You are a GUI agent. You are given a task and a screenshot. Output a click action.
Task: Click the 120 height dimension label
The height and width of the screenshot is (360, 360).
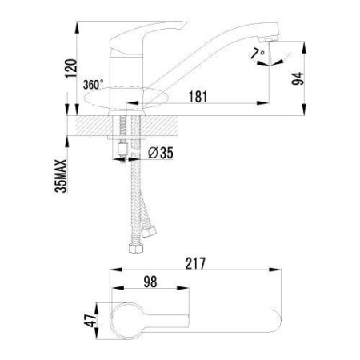71,68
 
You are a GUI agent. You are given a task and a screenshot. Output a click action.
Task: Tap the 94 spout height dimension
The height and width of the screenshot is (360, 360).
298,78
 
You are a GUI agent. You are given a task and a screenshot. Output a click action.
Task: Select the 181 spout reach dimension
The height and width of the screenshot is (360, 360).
198,97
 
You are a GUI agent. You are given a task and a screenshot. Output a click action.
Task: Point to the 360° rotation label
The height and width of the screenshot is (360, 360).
93,85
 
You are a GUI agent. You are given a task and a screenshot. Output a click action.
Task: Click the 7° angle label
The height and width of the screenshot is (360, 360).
258,53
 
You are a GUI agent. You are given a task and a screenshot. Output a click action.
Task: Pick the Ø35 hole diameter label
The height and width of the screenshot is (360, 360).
160,153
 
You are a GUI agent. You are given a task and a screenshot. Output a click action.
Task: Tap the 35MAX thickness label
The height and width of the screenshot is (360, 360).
61,176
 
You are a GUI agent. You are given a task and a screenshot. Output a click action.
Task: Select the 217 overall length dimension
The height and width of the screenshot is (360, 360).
195,263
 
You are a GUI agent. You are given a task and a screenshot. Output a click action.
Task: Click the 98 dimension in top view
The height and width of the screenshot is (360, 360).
150,282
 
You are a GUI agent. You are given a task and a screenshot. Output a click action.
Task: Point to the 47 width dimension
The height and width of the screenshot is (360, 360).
90,321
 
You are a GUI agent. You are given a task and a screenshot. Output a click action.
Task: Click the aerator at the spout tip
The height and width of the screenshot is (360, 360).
268,39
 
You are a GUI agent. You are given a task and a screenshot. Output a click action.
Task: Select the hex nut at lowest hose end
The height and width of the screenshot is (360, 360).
134,248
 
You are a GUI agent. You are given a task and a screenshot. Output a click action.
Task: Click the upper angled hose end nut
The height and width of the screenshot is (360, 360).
148,231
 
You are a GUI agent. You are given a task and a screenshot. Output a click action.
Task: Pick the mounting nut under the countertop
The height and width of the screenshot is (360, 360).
122,150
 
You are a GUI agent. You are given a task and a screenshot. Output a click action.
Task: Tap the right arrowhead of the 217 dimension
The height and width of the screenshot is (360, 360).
275,270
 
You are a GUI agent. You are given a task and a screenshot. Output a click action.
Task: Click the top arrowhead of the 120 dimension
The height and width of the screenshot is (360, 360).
77,27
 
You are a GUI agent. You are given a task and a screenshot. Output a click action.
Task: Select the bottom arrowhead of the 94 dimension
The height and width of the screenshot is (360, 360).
304,110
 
